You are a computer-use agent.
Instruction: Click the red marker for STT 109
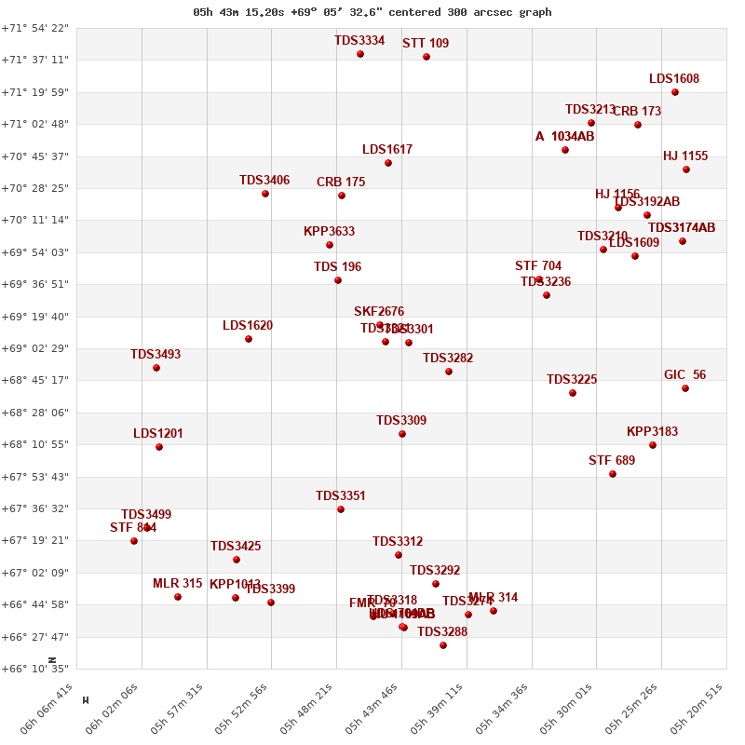click(x=427, y=57)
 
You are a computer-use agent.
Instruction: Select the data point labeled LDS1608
click(x=675, y=92)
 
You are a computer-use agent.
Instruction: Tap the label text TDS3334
click(x=359, y=41)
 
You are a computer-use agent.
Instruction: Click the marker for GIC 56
click(x=685, y=388)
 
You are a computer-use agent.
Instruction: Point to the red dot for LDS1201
click(x=159, y=447)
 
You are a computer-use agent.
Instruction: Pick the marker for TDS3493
click(x=156, y=368)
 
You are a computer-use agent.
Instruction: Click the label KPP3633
click(x=329, y=232)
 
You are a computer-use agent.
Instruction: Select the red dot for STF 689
click(x=613, y=474)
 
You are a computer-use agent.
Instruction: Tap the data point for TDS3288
click(x=443, y=645)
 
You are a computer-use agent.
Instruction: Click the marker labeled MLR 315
click(x=178, y=597)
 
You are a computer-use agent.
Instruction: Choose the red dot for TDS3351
click(x=341, y=509)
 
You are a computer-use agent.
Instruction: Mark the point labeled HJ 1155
click(x=686, y=169)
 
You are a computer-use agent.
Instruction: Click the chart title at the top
click(x=372, y=12)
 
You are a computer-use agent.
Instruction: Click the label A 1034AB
click(x=564, y=137)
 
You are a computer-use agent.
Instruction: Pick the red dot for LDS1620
click(x=249, y=339)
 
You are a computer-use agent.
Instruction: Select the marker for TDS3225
click(x=573, y=393)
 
